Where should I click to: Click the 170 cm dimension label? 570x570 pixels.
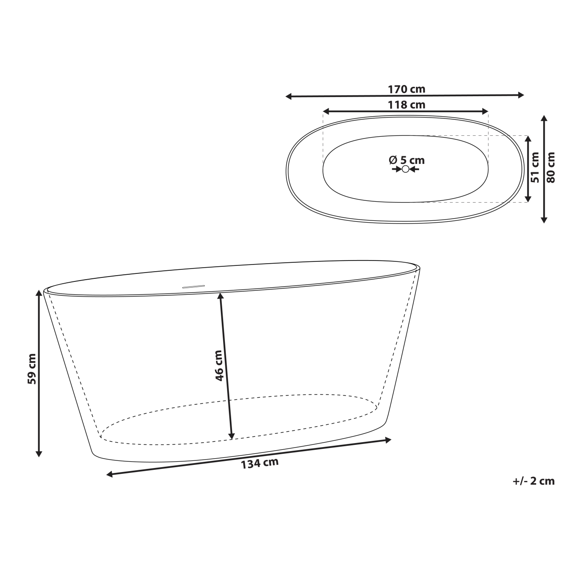coord(406,90)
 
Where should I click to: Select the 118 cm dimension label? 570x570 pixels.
coord(406,105)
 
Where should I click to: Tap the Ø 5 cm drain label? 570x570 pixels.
coord(406,160)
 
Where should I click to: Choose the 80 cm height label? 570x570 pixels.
coord(551,167)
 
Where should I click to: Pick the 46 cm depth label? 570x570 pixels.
coord(219,366)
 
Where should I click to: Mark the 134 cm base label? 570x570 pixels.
coord(260,464)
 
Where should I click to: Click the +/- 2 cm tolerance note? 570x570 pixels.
coord(533,481)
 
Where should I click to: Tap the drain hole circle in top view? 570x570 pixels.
coord(405,169)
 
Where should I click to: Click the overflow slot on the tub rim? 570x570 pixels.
coord(193,286)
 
